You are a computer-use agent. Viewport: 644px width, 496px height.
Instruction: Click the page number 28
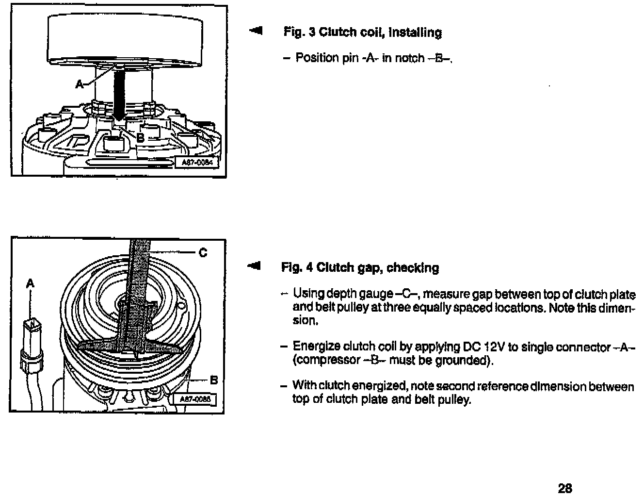(x=564, y=488)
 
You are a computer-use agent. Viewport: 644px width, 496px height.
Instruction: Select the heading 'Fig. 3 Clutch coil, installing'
(x=362, y=33)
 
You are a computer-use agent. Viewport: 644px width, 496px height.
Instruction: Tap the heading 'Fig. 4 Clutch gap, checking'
(x=360, y=268)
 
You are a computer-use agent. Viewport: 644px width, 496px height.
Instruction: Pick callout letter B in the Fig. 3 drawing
(x=140, y=137)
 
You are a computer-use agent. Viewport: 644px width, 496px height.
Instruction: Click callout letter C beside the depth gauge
(x=203, y=252)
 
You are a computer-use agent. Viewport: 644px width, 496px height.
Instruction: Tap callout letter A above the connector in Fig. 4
(x=30, y=283)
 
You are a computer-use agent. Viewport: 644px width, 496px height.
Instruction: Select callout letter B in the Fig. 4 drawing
(x=214, y=380)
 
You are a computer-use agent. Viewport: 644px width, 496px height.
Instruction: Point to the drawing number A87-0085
(x=197, y=399)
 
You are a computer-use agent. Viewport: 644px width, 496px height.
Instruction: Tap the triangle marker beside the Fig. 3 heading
(x=255, y=32)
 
